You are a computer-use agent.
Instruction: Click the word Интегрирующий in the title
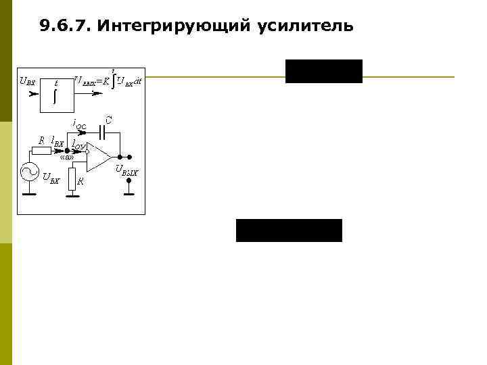pos(175,26)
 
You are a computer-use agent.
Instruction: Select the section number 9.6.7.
pos(66,26)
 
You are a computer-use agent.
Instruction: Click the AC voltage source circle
pos(30,173)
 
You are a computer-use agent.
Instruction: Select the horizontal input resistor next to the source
pos(41,150)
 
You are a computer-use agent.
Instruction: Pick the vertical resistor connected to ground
pos(72,179)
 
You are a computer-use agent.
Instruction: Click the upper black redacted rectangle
pos(323,71)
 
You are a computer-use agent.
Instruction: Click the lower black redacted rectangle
pos(289,230)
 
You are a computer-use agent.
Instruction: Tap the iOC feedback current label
pos(79,124)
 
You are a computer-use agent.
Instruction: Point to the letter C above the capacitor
pos(109,120)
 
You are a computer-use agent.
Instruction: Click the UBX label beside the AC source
pos(51,179)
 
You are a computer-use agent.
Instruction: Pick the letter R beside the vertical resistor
pos(81,181)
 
